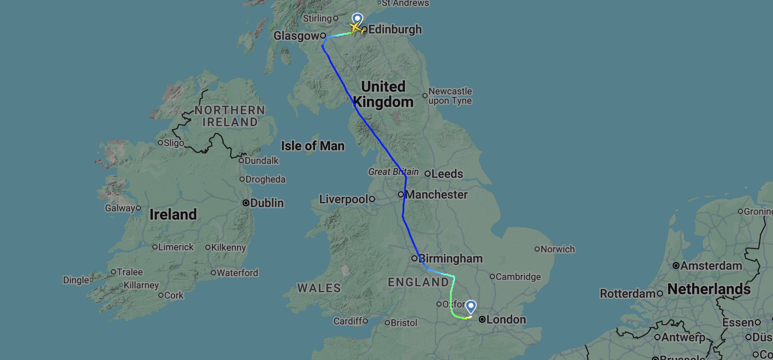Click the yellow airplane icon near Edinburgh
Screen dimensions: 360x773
[356, 28]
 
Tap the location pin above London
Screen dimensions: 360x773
[471, 306]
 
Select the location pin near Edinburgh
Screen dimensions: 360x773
[358, 19]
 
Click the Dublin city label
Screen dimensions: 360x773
[267, 203]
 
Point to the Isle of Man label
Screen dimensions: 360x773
[313, 146]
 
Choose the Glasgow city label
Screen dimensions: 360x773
[296, 36]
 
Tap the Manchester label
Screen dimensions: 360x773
[436, 195]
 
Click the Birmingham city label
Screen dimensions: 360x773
[450, 258]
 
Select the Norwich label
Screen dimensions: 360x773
[558, 249]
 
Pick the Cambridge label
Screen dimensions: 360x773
[518, 277]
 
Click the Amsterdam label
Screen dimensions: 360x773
[711, 266]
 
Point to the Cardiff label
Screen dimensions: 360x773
[348, 321]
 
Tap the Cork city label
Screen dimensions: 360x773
[174, 296]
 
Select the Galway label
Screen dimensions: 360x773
[120, 208]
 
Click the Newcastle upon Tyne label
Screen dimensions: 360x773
[450, 96]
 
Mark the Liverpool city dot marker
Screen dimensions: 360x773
[372, 199]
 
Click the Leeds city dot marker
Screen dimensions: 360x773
[428, 174]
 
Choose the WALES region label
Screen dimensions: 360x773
[319, 288]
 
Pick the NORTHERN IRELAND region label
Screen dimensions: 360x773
[230, 116]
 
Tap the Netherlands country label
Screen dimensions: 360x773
[709, 289]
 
